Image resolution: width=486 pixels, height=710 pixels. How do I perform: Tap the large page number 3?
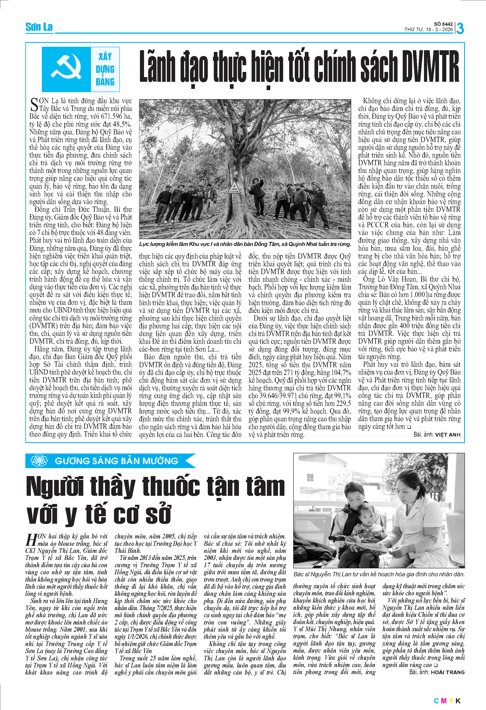pos(460,28)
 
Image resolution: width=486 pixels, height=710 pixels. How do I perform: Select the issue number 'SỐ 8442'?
pos(443,24)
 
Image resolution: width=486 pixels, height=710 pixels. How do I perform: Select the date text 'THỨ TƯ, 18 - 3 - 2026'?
pos(428,30)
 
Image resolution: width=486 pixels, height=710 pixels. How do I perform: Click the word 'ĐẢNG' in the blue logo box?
pos(105,82)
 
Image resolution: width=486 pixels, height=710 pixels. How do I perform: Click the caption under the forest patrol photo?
pos(245,244)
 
